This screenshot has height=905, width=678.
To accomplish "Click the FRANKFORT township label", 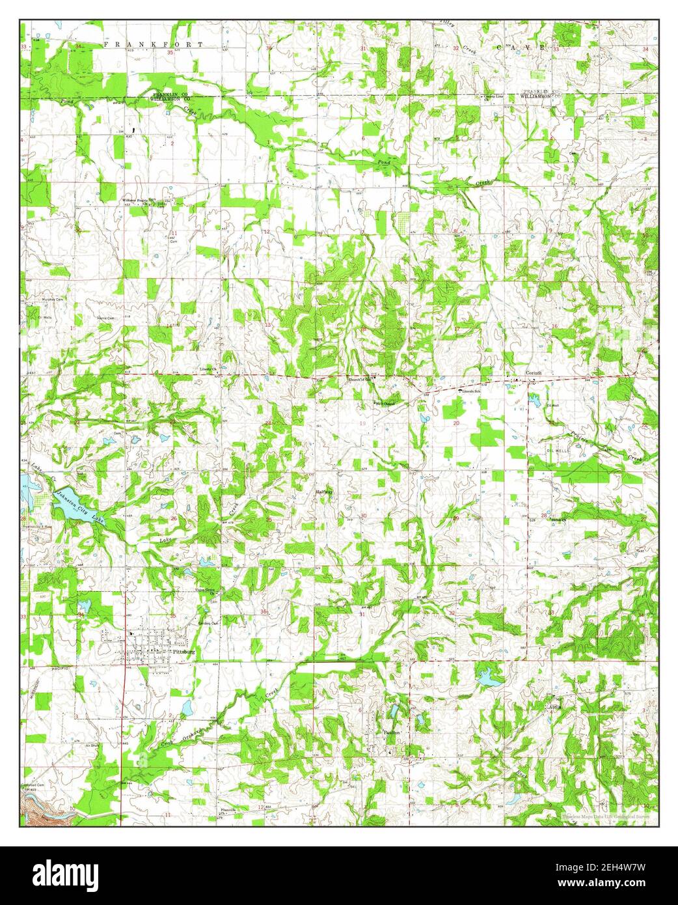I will click(x=154, y=44).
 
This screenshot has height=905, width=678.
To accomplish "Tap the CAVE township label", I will click(x=521, y=48).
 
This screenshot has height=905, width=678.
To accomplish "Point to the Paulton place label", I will click(x=391, y=732).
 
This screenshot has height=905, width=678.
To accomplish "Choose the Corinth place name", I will click(x=534, y=373).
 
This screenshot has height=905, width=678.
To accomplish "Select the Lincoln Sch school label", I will click(x=473, y=392).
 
